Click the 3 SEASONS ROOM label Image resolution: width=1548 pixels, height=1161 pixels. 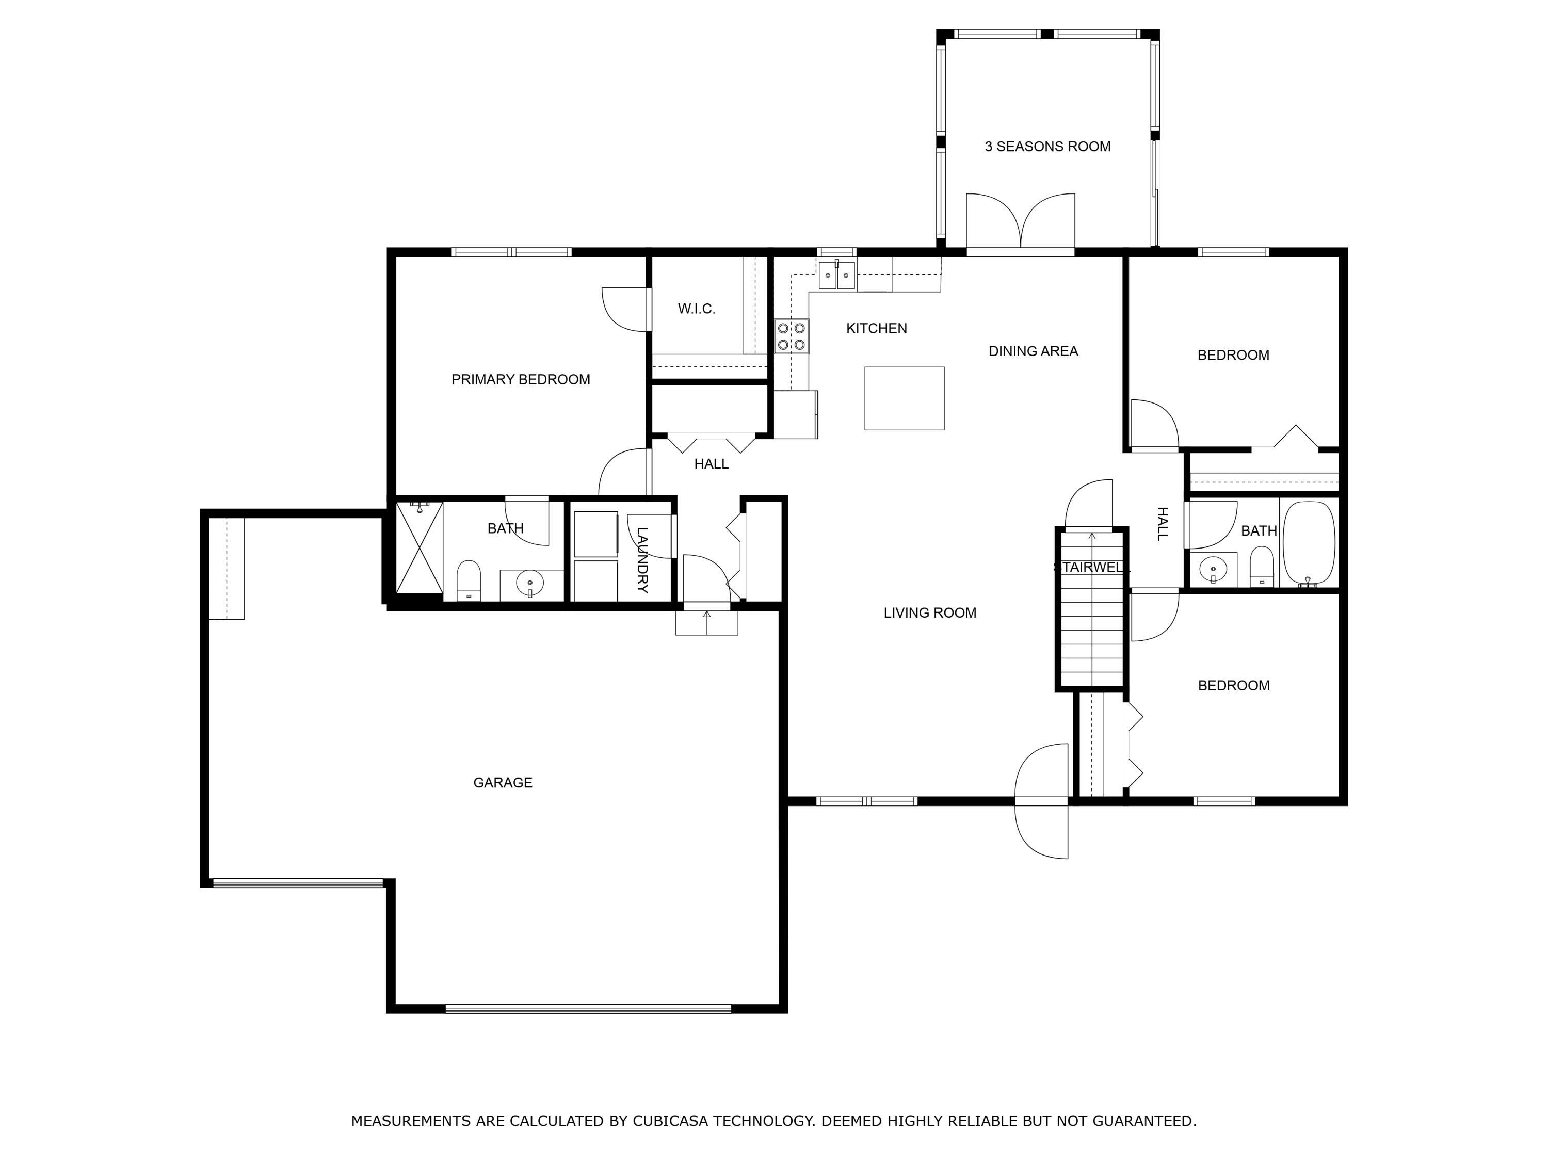(x=1047, y=146)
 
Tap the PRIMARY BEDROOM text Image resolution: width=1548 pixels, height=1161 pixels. (x=521, y=379)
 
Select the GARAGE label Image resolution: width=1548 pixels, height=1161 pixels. (x=503, y=782)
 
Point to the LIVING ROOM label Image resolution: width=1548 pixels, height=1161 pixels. (x=930, y=613)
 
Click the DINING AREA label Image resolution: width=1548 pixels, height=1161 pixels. (x=1033, y=351)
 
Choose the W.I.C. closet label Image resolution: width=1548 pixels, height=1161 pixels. (x=696, y=309)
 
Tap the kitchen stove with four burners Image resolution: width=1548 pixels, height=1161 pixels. (x=792, y=336)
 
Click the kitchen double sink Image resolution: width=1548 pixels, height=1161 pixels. (x=837, y=275)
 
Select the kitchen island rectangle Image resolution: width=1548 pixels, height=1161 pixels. (x=904, y=398)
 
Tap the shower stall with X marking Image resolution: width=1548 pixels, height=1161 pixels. (x=419, y=548)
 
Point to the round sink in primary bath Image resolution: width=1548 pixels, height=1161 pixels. (x=530, y=582)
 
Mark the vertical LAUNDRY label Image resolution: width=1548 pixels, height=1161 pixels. (x=642, y=560)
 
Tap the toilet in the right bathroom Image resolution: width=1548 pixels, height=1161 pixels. (x=1261, y=566)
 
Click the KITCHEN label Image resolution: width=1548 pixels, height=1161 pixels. (x=876, y=328)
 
